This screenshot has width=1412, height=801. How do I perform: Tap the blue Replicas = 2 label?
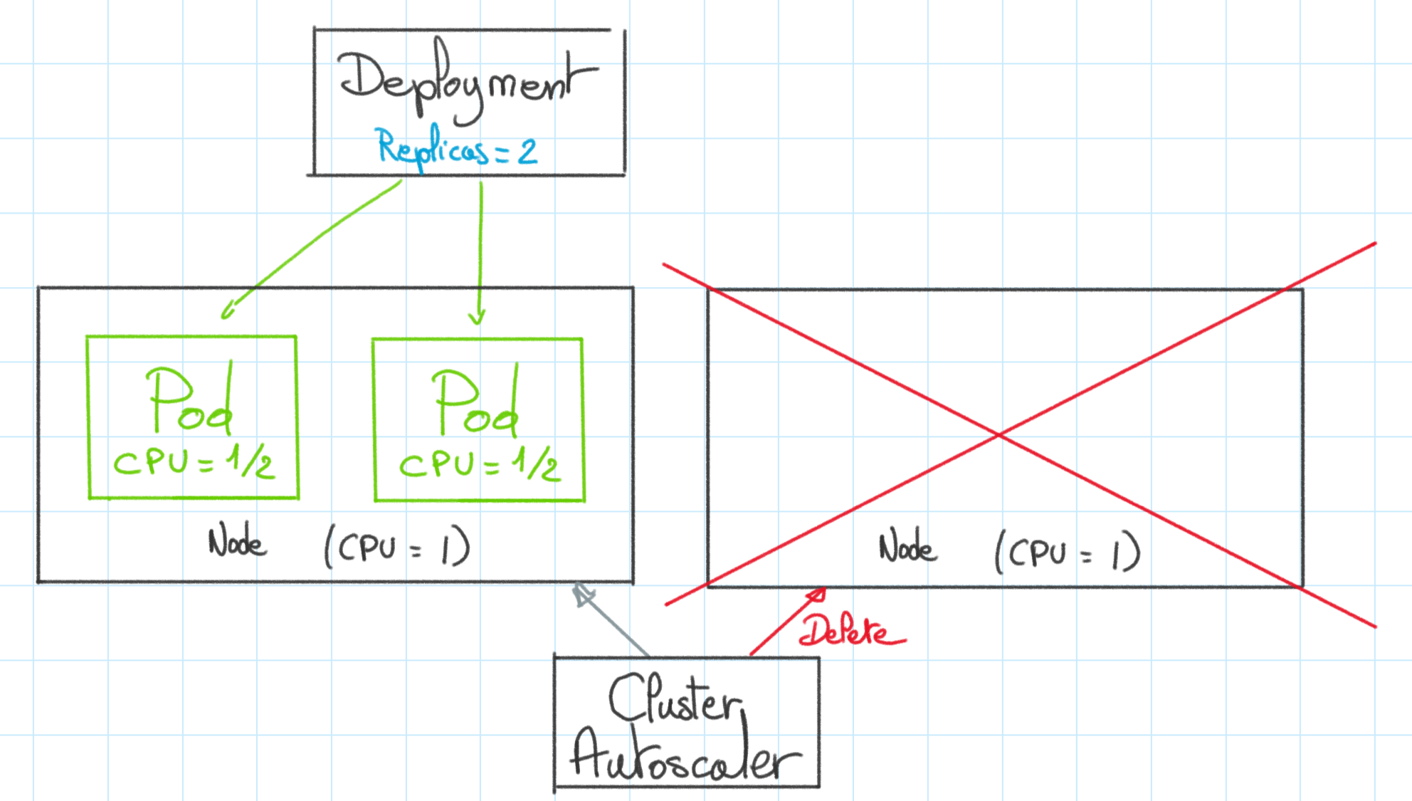click(x=457, y=149)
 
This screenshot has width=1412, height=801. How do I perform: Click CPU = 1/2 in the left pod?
click(x=194, y=462)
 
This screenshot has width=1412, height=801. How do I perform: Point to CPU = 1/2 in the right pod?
click(x=480, y=464)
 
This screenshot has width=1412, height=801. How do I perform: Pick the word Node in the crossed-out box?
click(x=907, y=547)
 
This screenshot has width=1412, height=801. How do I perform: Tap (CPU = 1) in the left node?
click(x=397, y=547)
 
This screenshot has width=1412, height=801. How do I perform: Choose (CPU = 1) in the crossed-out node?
click(x=1068, y=552)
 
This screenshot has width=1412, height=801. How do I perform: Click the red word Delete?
click(x=852, y=630)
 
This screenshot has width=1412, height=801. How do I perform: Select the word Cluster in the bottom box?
click(x=675, y=698)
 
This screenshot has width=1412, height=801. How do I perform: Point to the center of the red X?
click(x=999, y=434)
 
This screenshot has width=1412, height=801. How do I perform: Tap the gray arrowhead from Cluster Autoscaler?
click(x=582, y=594)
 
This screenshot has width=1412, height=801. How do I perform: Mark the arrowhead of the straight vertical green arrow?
click(x=477, y=318)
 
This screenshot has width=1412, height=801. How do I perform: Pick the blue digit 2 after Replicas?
click(x=527, y=152)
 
